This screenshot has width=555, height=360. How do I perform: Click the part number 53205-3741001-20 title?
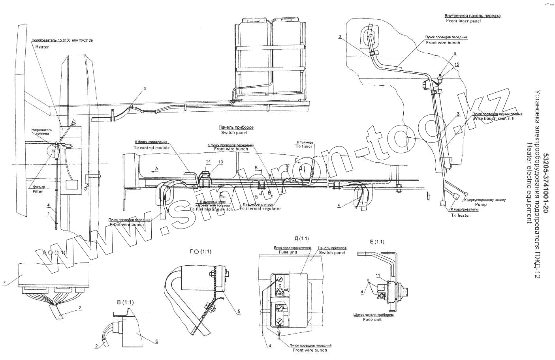(546, 184)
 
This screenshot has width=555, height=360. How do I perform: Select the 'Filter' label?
(38, 191)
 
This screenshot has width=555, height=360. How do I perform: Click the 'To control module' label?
(151, 147)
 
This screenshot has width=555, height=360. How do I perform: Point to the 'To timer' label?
(304, 146)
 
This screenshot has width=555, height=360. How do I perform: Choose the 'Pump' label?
(481, 204)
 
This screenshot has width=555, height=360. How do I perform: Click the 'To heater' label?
(461, 215)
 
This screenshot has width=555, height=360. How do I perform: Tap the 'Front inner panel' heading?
(463, 21)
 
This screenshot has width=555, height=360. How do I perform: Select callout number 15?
(455, 53)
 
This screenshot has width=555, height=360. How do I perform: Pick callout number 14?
(208, 162)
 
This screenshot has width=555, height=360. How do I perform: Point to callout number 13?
(220, 162)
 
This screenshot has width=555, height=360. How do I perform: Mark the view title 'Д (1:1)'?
(302, 238)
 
